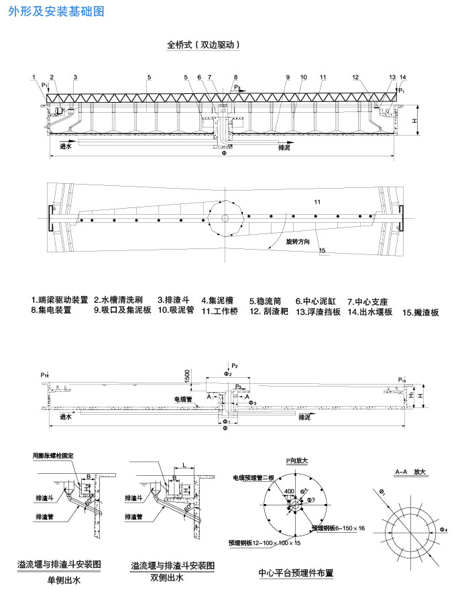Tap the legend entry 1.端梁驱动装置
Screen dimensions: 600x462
tap(60, 300)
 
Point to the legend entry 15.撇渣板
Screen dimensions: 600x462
tap(420, 312)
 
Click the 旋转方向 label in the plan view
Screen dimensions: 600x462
tap(298, 240)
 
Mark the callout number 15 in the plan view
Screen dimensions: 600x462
tap(323, 250)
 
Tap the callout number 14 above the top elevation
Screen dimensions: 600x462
tap(402, 77)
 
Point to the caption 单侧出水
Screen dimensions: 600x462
tap(63, 581)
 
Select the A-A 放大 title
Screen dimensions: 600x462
tap(411, 472)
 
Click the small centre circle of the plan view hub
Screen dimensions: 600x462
tap(225, 218)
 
